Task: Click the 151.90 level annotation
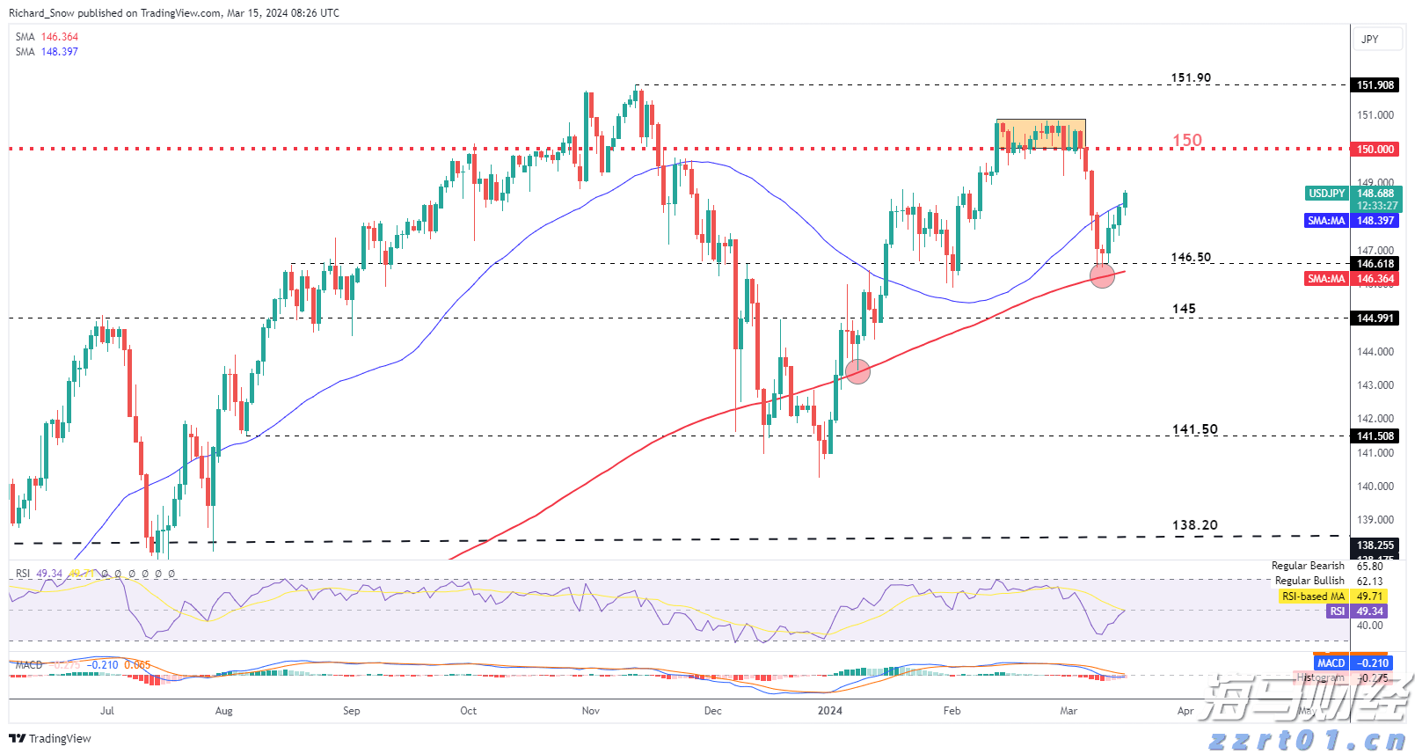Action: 1190,78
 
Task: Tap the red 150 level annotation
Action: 1186,141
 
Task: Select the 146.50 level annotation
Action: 1190,258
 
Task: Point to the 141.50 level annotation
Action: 1194,429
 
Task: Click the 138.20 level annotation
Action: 1194,525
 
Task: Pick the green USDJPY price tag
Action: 1326,194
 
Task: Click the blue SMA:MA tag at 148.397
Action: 1326,221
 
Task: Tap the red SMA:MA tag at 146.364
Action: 1326,279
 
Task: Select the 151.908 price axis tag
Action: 1375,85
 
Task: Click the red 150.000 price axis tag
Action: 1375,150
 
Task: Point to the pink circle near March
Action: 1102,275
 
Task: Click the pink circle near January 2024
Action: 857,371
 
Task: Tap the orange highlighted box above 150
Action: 1040,134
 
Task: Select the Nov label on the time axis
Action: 590,711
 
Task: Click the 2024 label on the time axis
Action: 829,711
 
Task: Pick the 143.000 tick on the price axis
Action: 1375,385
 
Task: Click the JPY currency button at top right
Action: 1370,40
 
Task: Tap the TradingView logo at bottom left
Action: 50,738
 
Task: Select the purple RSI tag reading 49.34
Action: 1337,611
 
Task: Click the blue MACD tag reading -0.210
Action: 1331,663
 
